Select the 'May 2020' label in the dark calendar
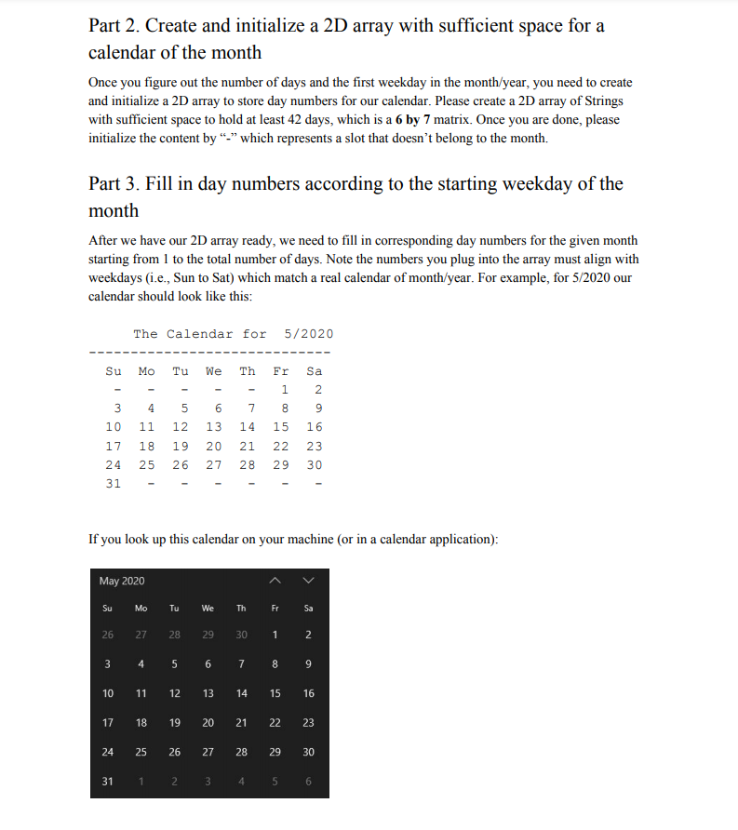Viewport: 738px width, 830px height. tap(122, 581)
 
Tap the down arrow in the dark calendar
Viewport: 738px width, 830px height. tap(309, 581)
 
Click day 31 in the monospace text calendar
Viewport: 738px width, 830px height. tap(113, 483)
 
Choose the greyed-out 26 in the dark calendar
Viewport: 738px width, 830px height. tap(108, 636)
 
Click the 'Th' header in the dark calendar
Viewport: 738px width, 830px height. tap(242, 609)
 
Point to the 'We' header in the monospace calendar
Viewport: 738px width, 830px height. tap(213, 371)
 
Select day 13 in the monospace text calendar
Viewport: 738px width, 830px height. tap(213, 427)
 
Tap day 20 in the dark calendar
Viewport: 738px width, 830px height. tap(208, 722)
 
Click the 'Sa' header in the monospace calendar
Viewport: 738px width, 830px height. tap(315, 371)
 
